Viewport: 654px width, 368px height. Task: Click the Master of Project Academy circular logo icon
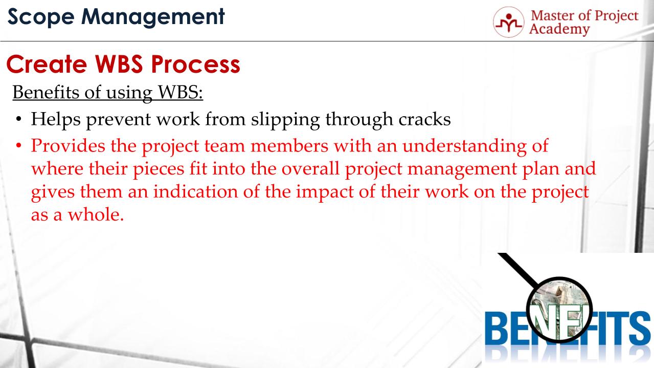(x=508, y=22)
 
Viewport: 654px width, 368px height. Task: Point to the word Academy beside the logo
(x=559, y=29)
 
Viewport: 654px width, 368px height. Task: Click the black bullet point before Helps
(x=19, y=120)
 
